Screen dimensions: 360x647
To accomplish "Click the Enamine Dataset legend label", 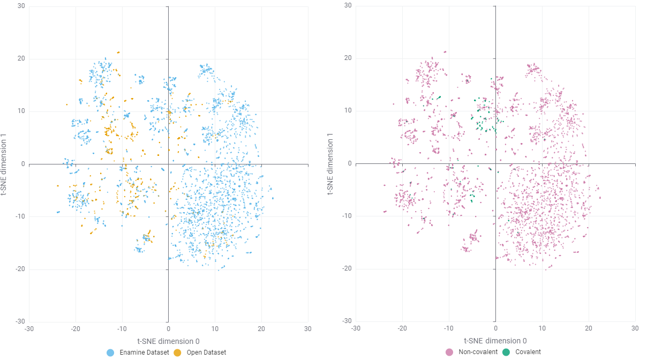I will coord(144,352).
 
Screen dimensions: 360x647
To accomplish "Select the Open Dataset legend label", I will coord(206,352).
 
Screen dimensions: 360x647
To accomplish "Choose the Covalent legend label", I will coord(528,352).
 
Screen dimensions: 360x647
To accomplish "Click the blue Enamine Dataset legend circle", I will coord(111,352).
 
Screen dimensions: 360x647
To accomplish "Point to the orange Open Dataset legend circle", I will coord(177,352).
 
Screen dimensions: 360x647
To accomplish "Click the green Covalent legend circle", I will coord(506,352).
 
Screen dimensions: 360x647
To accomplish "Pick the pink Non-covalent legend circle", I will coord(450,352).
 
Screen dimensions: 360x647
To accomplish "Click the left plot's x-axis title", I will coord(168,341).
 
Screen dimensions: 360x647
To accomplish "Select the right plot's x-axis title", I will coord(495,341).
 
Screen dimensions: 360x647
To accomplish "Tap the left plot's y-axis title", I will coord(6,164).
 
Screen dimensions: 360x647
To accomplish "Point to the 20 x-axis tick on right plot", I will coord(588,328).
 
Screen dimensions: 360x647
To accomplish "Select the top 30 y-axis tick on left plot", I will coord(21,6).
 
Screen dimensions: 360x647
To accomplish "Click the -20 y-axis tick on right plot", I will coord(347,268).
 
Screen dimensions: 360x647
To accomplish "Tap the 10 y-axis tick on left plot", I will coord(21,111).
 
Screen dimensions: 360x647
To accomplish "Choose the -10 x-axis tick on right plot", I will coord(448,328).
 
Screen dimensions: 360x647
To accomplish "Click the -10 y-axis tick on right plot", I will coord(347,216).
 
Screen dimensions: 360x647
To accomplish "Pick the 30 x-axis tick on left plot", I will coord(308,328).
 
